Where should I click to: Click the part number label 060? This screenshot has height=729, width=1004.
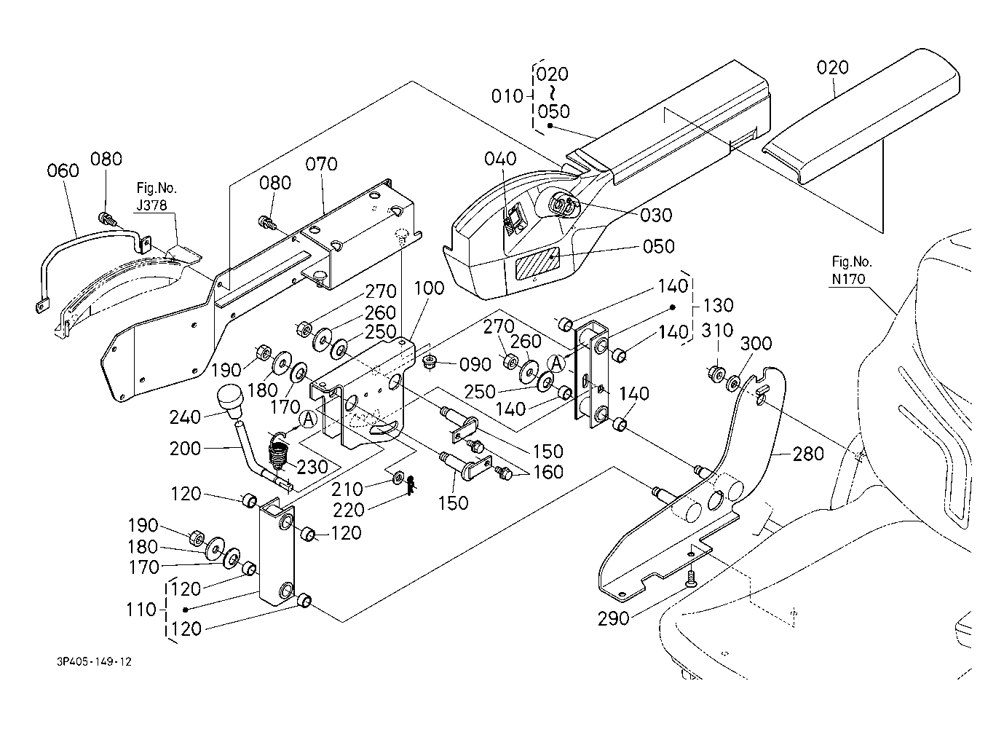tap(63, 171)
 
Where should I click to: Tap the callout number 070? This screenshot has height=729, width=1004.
tap(322, 165)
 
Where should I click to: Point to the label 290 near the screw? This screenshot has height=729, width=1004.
tap(614, 619)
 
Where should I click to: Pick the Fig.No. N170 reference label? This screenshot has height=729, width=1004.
tap(851, 269)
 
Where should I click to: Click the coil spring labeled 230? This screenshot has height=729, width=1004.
tap(277, 452)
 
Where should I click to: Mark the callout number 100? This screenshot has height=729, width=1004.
tap(429, 288)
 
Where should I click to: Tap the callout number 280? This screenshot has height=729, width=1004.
tap(808, 454)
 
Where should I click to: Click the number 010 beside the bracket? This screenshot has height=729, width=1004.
tap(507, 96)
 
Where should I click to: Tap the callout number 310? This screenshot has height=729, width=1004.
tap(718, 331)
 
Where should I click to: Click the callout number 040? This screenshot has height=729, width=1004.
tap(501, 159)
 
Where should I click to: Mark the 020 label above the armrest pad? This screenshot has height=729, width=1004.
tap(833, 68)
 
